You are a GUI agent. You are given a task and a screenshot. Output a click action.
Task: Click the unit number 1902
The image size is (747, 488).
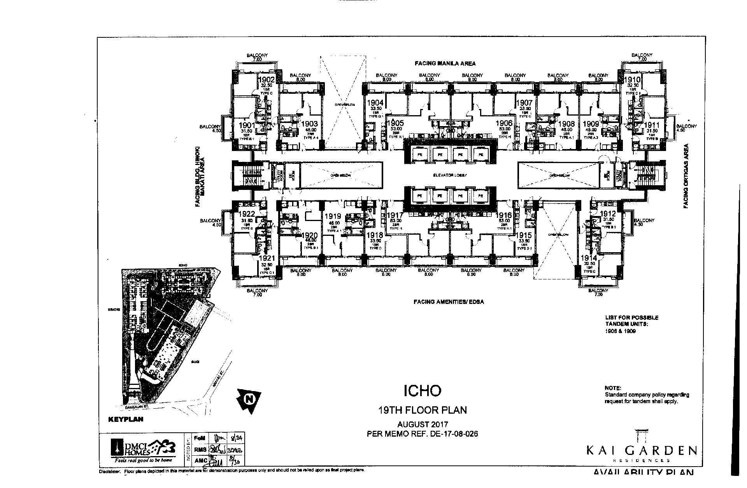[268, 80]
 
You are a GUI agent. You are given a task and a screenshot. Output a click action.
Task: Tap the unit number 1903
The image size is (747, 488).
[310, 125]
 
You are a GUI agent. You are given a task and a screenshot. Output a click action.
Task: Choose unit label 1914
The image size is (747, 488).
[588, 258]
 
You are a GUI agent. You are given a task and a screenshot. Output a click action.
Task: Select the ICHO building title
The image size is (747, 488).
[422, 390]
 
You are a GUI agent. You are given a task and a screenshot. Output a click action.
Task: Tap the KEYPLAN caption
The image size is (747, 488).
[125, 420]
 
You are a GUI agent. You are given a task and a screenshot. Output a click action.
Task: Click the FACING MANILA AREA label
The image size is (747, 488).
[445, 63]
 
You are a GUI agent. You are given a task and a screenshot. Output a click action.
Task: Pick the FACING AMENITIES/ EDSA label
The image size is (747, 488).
[449, 302]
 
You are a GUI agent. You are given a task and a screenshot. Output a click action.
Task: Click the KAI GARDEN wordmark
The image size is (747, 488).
[642, 451]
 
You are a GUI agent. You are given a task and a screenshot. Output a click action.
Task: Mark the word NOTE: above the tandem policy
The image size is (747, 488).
[613, 388]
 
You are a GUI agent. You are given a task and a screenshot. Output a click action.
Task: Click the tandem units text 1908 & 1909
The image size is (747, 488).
[620, 332]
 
